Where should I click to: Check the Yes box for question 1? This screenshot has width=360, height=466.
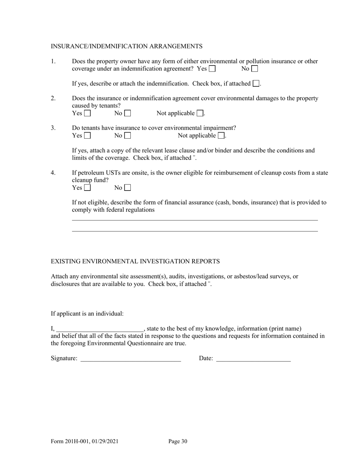click(x=212, y=69)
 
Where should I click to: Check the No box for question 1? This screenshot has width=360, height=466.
click(x=255, y=69)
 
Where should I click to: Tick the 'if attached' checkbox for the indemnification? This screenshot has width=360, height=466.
click(x=256, y=84)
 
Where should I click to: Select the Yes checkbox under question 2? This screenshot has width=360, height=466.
click(x=88, y=113)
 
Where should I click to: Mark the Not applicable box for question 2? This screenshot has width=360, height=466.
click(x=200, y=113)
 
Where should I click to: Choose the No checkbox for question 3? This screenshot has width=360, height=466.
click(x=128, y=136)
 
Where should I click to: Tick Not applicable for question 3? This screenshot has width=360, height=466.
click(x=221, y=136)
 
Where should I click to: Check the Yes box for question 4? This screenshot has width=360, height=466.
click(x=88, y=188)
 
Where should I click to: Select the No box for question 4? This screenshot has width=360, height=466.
click(x=128, y=188)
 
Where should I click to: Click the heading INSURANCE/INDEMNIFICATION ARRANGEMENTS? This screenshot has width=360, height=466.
click(x=127, y=46)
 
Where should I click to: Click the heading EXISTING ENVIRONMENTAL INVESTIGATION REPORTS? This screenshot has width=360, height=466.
click(x=135, y=261)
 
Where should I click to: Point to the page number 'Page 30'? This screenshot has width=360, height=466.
click(x=178, y=441)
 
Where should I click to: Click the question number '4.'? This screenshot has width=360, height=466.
click(x=53, y=173)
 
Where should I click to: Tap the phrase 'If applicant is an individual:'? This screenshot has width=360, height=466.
click(x=87, y=314)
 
